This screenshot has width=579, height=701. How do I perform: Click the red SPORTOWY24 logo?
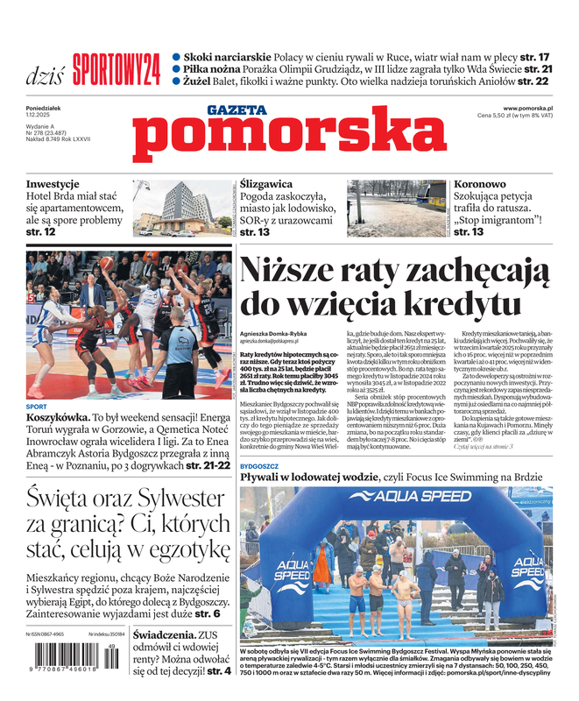coord(117,69)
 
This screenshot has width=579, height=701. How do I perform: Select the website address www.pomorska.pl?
coord(533,107)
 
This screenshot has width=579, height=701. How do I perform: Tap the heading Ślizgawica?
coord(266,184)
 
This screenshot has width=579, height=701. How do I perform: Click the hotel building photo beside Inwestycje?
coord(181,208)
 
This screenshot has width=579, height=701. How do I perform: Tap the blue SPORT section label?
coord(37,407)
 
